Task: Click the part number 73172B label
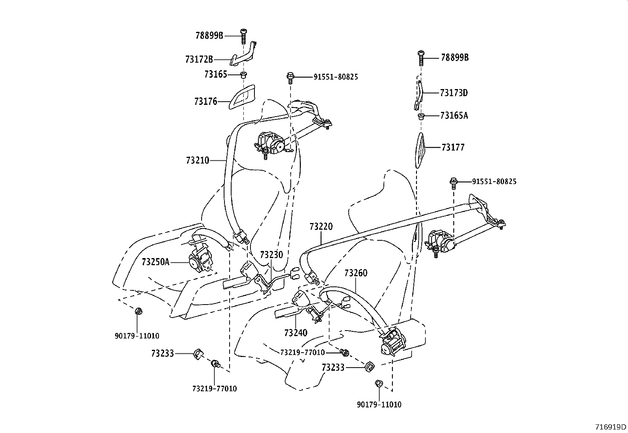[x=199, y=59]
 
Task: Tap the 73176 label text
[x=206, y=102]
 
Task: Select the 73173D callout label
[x=454, y=93]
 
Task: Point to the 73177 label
[x=453, y=147]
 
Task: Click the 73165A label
[x=454, y=116]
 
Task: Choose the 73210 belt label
[x=198, y=160]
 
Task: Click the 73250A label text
[x=155, y=262]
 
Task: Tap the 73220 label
[x=321, y=227]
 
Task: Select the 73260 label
[x=356, y=273]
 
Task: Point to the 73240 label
[x=295, y=333]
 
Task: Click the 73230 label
[x=271, y=255]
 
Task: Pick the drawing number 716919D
[x=611, y=427]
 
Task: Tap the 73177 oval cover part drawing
[x=419, y=150]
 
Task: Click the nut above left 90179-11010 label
[x=138, y=311]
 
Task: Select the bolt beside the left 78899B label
[x=243, y=36]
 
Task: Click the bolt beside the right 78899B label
[x=421, y=58]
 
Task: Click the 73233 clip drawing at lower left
[x=198, y=354]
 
